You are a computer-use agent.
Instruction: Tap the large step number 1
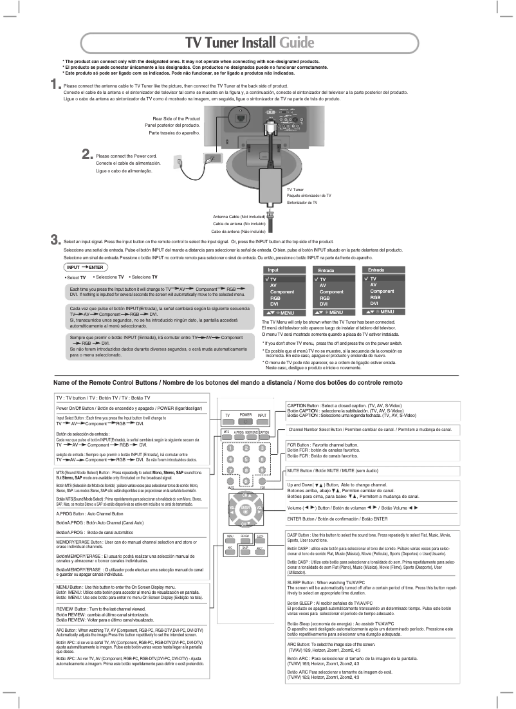click(56, 84)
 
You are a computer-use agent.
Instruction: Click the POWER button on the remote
click(245, 416)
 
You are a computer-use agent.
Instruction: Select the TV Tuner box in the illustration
click(273, 187)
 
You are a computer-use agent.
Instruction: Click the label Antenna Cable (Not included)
click(239, 217)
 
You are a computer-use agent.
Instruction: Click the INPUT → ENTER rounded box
click(86, 266)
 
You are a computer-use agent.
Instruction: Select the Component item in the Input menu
click(282, 291)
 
